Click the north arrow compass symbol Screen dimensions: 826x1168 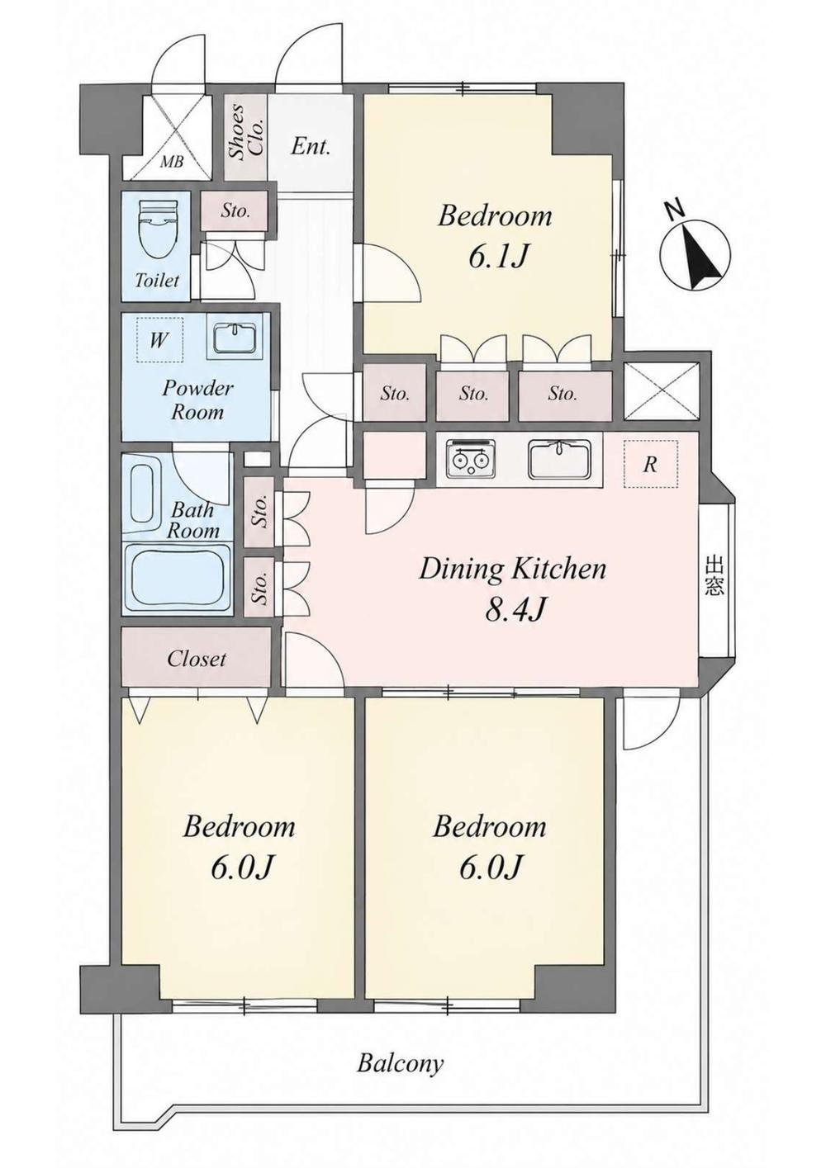click(x=695, y=246)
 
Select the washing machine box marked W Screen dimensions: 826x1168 click(x=159, y=340)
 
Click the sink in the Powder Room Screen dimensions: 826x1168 click(x=236, y=336)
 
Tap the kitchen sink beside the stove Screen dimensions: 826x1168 click(x=560, y=459)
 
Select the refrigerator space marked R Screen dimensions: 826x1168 click(x=650, y=464)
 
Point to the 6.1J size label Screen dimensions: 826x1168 click(x=496, y=256)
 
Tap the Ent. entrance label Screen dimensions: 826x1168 click(x=311, y=147)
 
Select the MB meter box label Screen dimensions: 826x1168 click(x=172, y=162)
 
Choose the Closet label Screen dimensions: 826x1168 click(x=197, y=659)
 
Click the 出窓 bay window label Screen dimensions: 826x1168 click(x=714, y=576)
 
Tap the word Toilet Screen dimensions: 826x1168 click(x=157, y=281)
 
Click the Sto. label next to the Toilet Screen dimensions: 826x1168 click(x=235, y=211)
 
